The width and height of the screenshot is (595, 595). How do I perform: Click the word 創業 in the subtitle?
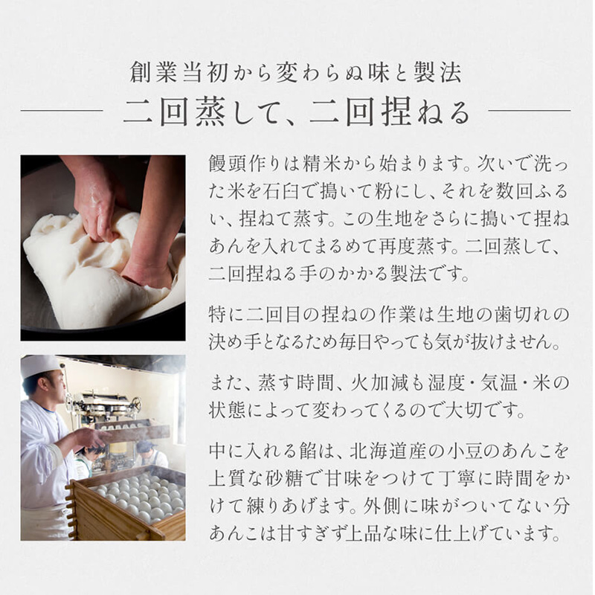[x=153, y=72]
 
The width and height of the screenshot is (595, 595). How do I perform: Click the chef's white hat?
[x=39, y=365]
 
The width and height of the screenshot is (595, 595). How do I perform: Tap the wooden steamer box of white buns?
[x=127, y=503]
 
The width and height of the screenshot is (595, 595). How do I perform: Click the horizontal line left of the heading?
[x=62, y=111]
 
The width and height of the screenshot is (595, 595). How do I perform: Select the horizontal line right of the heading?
[x=530, y=111]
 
